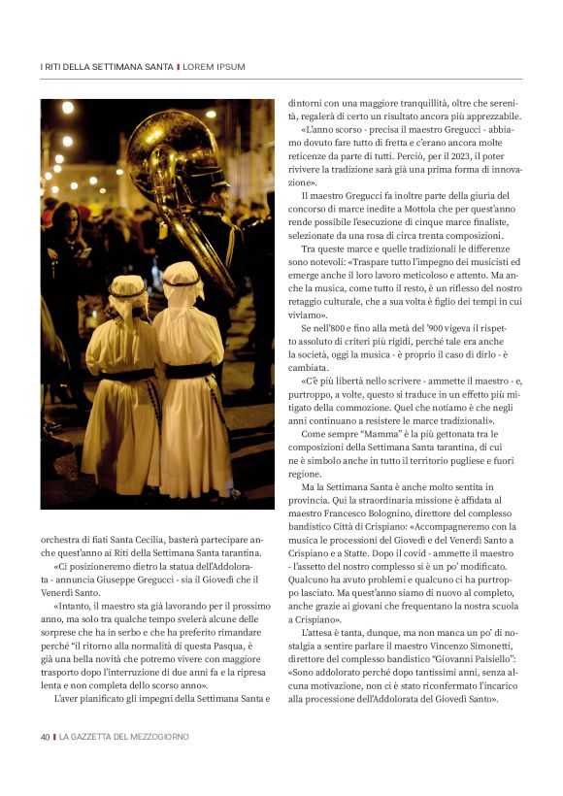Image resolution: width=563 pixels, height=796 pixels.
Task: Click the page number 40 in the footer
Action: point(45,737)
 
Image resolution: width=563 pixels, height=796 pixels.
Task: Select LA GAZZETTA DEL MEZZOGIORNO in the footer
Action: point(124,737)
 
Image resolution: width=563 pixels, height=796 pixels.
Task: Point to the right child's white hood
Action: point(182,281)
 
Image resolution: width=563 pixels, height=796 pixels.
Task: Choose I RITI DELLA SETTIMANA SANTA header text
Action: point(107,66)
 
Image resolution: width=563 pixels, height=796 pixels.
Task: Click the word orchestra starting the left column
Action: point(60,538)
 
